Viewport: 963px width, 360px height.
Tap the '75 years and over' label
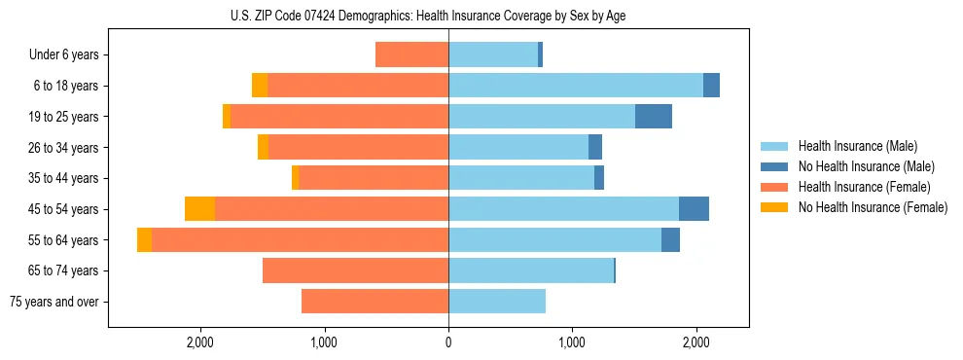coord(53,302)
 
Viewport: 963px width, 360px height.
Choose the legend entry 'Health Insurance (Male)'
coord(856,146)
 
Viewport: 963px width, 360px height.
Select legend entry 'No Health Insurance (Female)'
coord(872,207)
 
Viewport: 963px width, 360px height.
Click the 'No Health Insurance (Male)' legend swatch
coord(774,166)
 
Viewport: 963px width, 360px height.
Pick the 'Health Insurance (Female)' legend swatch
coord(774,187)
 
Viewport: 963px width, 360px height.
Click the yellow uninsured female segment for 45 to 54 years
coord(199,209)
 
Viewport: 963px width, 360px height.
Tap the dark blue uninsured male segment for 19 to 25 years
coord(653,117)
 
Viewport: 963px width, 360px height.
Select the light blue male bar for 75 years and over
coord(497,302)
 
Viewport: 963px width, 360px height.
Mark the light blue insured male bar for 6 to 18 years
coord(576,86)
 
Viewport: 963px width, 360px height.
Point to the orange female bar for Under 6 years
coord(411,54)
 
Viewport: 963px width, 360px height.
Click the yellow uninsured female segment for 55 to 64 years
coord(144,240)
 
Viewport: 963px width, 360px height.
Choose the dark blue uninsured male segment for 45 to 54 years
coord(694,209)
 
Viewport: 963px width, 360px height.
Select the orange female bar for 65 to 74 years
coord(355,270)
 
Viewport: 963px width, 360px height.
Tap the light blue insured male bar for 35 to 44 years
coord(521,178)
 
